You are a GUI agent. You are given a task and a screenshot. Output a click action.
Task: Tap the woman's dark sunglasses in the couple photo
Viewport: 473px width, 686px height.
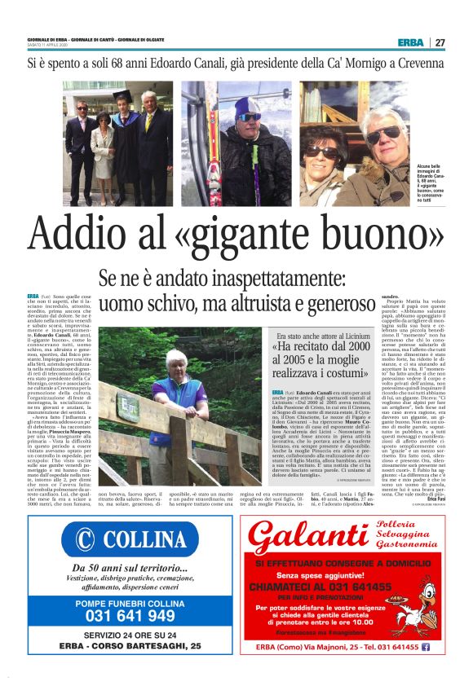coord(321,152)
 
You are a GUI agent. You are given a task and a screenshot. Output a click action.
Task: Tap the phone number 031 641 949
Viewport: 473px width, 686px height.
coord(130,615)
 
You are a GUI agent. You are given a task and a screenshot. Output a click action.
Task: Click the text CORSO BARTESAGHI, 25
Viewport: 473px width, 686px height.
coord(156,645)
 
